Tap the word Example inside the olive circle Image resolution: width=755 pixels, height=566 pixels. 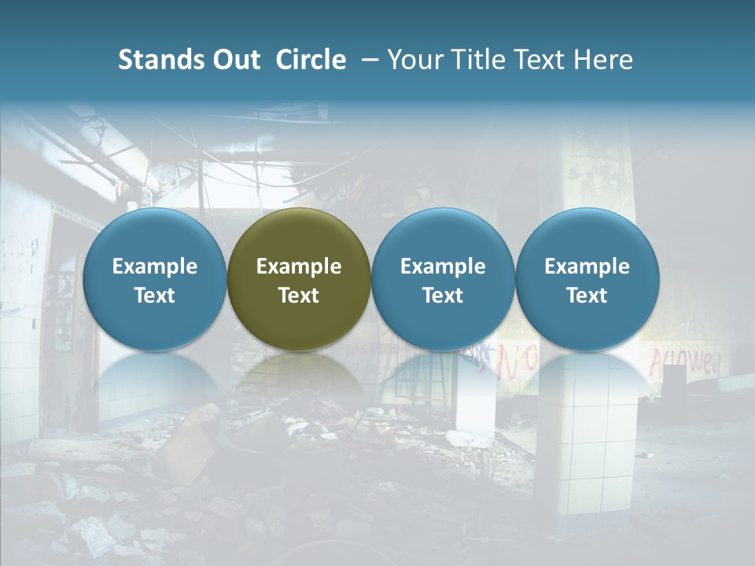pos(299,266)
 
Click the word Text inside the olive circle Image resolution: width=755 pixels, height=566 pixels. pos(299,296)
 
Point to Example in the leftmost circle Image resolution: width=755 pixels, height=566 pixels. pos(154,266)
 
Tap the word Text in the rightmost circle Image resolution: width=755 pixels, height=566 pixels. pos(587,296)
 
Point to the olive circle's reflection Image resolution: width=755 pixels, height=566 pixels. pos(299,377)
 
